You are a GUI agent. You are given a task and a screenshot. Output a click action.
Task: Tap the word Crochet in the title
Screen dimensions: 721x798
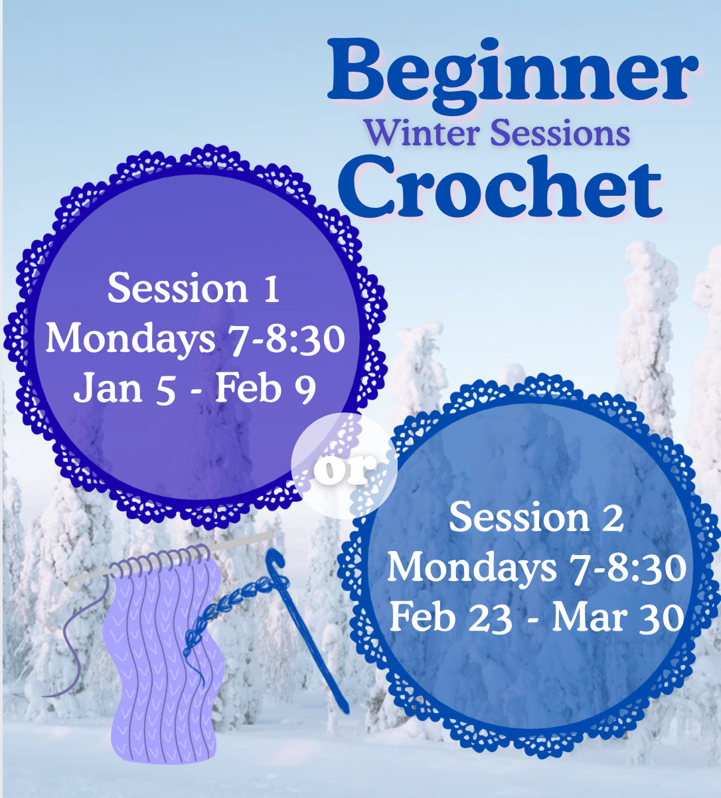[500, 187]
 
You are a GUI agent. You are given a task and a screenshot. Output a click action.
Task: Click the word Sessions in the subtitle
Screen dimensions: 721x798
[560, 133]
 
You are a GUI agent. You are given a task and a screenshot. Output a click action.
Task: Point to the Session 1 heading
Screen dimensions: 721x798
[193, 288]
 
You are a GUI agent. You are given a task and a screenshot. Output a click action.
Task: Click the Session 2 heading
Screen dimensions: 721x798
[536, 518]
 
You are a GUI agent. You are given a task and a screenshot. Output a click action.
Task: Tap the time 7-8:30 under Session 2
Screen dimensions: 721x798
[628, 567]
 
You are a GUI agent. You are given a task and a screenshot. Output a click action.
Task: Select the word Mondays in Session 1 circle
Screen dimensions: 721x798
[131, 340]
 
